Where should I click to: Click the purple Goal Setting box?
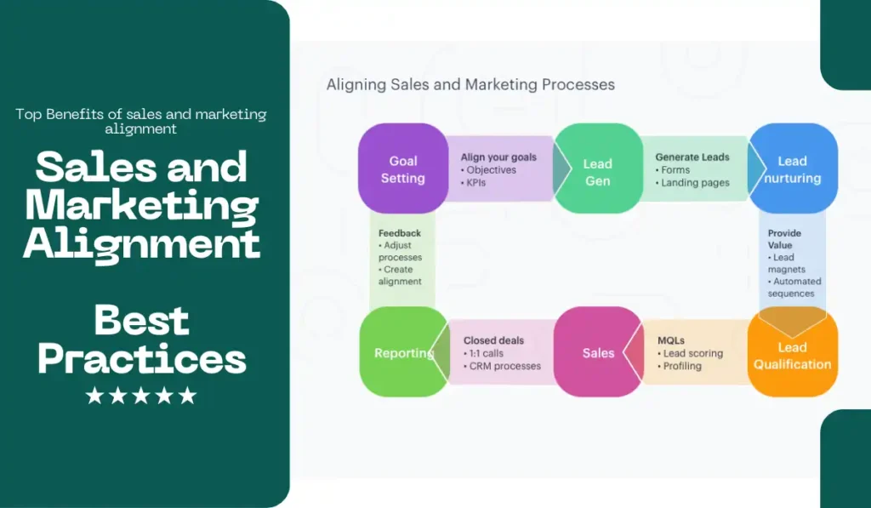pos(403,169)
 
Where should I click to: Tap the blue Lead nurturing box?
pos(792,169)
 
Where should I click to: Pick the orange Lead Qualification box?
pos(792,356)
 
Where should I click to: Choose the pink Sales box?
pos(598,352)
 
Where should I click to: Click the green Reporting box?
pos(403,353)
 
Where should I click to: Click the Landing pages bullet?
pos(695,182)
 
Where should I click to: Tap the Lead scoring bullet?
pos(692,353)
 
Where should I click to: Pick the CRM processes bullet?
pos(504,366)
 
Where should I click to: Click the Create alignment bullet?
pos(400,275)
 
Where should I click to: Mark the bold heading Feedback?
pos(400,233)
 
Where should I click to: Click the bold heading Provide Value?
pos(784,239)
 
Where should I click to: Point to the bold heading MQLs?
pos(671,340)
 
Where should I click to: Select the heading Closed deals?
pos(493,340)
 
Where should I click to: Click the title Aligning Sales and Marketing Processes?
pos(470,84)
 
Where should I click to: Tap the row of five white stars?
pos(141,396)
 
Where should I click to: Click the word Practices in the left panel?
pos(142,359)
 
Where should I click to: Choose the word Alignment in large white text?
pos(141,243)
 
